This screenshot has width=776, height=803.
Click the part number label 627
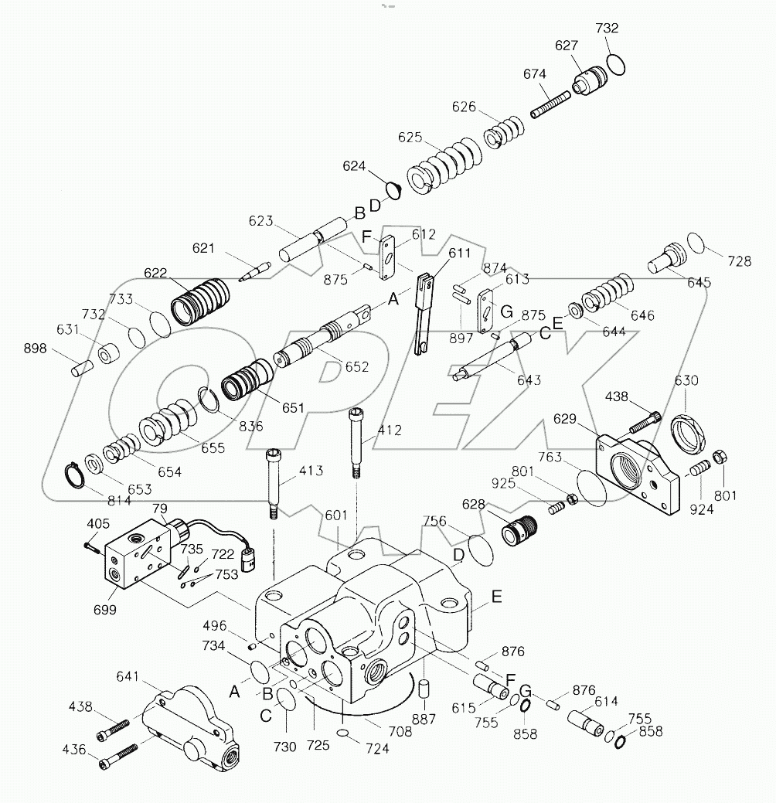[567, 46]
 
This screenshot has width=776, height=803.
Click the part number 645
[699, 282]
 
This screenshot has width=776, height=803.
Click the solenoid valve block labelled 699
[136, 558]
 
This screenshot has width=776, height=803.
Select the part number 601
[336, 515]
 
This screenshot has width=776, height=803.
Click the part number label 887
[424, 720]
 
